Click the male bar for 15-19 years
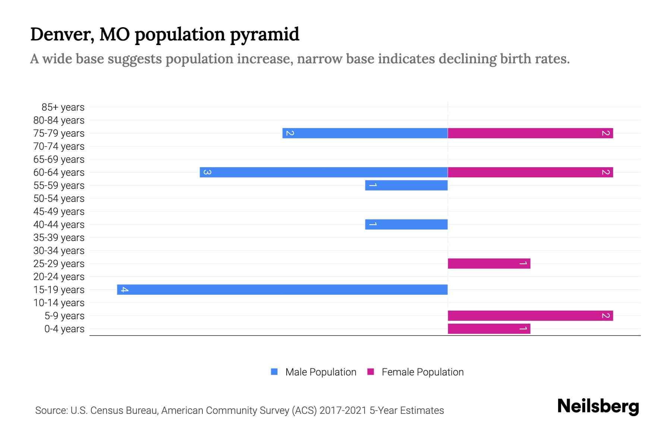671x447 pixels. (x=282, y=289)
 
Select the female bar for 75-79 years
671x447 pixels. (x=530, y=133)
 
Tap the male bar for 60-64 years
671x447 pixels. (x=324, y=172)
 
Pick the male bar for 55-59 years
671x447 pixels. (x=406, y=185)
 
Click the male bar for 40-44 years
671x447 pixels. (x=406, y=224)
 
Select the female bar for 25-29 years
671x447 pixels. (x=489, y=263)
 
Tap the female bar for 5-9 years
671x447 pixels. (x=530, y=316)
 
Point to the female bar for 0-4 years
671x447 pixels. (x=489, y=329)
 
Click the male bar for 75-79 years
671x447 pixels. (x=365, y=133)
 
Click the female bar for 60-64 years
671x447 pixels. (x=530, y=172)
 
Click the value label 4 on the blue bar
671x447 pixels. (x=125, y=289)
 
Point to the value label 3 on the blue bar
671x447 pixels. (x=207, y=172)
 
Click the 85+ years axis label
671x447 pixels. (x=63, y=107)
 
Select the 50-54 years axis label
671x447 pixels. (x=59, y=199)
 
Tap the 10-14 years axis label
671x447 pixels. (x=59, y=303)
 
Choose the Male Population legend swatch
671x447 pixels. (x=274, y=372)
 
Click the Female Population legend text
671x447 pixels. (x=422, y=372)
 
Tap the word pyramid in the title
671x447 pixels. (x=264, y=34)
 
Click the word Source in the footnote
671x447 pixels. (x=51, y=410)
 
